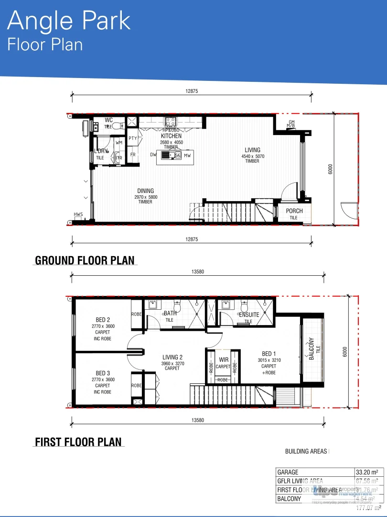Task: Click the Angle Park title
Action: (69, 21)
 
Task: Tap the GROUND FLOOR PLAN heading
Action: (85, 260)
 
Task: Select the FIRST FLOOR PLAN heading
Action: (78, 442)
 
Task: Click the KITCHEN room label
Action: (171, 136)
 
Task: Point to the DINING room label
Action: (146, 191)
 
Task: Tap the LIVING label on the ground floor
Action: (253, 150)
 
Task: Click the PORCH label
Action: (294, 211)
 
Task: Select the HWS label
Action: (78, 214)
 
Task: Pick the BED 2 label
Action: (103, 320)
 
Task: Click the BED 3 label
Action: (103, 373)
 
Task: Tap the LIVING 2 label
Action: (172, 357)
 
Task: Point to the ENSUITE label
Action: (249, 315)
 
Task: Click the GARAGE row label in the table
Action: (288, 472)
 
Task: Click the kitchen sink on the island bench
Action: (166, 155)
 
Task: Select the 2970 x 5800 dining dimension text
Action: (146, 197)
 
